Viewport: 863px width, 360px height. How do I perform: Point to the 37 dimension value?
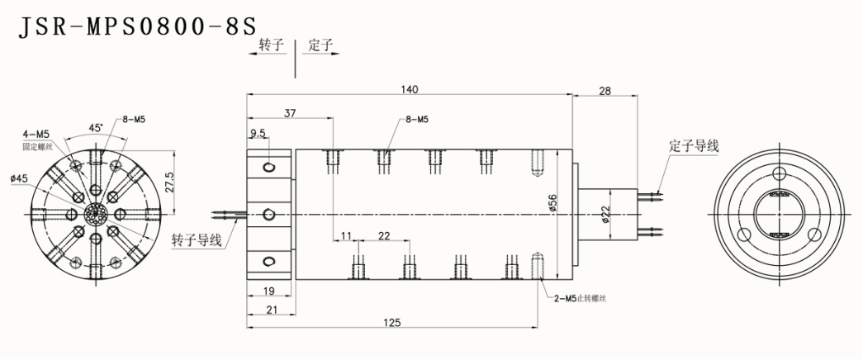click(x=289, y=112)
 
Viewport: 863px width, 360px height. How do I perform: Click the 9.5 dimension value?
click(x=258, y=132)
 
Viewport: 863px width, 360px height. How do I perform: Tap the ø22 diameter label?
click(x=605, y=217)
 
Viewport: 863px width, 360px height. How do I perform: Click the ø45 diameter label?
click(x=19, y=178)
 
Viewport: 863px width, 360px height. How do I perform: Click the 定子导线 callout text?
click(x=694, y=146)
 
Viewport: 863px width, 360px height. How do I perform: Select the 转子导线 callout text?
click(x=196, y=240)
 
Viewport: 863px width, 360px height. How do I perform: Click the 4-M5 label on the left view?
click(x=37, y=133)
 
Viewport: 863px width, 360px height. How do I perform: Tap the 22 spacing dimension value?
click(x=384, y=236)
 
